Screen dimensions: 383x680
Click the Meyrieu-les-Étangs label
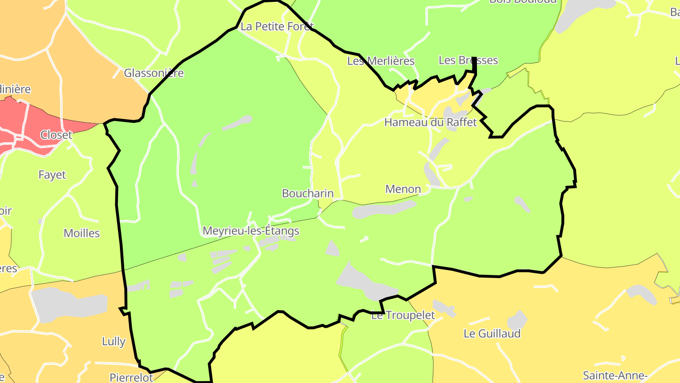coord(251,231)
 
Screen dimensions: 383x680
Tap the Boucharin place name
coord(307,193)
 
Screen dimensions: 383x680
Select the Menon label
coord(403,189)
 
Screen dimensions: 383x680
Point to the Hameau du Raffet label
coord(431,122)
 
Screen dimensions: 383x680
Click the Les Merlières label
coord(381,61)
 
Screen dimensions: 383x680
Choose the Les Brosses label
coord(468,61)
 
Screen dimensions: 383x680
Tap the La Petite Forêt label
coord(277,26)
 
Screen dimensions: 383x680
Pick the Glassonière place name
coord(153,73)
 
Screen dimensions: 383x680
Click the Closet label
coord(56,135)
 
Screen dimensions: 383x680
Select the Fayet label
coord(52,175)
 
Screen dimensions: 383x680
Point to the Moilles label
coord(82,233)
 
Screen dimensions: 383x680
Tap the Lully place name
coord(114,341)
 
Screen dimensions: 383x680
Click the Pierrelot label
coord(131,377)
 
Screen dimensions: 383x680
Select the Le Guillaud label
coord(492,333)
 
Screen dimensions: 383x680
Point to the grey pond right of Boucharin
coord(383,209)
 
